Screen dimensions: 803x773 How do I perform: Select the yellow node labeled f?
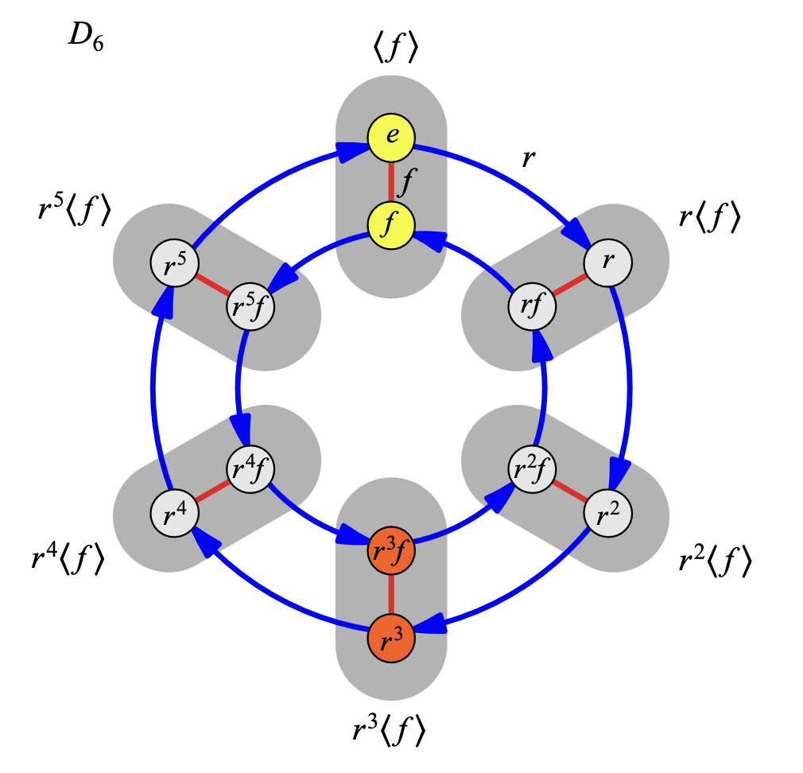click(x=391, y=225)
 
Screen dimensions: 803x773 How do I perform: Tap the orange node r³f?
click(x=391, y=551)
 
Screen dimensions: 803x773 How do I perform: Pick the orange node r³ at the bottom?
click(x=391, y=639)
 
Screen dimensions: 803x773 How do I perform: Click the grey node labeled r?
click(x=608, y=262)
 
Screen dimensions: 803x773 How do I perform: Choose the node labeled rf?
click(x=532, y=306)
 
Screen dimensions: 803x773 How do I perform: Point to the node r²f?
click(x=532, y=469)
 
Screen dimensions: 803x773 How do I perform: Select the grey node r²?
click(x=608, y=513)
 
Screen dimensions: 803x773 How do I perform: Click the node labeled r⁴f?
click(x=250, y=469)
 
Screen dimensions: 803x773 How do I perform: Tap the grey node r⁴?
click(x=175, y=513)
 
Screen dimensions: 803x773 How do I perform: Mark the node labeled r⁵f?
click(x=250, y=306)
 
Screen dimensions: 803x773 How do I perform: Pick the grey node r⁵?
click(x=175, y=262)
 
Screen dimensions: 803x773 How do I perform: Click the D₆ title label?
click(x=86, y=38)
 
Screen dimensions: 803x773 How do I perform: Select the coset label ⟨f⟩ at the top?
click(x=395, y=49)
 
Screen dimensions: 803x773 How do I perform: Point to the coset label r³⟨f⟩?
click(x=389, y=730)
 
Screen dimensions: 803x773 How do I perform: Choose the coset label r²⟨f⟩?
click(x=715, y=561)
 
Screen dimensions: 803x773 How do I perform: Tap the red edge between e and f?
click(x=391, y=181)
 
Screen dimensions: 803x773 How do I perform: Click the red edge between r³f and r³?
click(x=391, y=595)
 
